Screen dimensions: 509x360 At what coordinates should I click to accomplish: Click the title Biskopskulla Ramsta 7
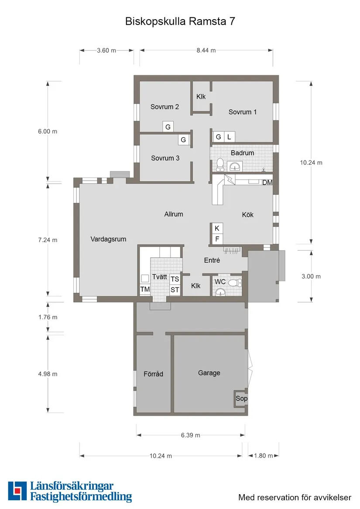coord(180,21)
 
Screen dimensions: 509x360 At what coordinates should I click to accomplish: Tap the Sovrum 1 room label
coord(243,112)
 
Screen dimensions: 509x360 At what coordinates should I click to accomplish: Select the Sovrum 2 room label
coord(165,107)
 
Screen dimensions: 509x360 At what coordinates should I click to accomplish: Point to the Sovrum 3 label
coord(165,158)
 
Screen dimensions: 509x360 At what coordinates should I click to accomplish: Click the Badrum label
coord(242,153)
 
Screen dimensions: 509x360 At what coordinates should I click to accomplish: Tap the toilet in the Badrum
coord(220,164)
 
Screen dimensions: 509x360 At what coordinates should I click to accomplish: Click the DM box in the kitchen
coord(267,183)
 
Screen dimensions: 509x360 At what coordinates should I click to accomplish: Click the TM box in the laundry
coord(145,290)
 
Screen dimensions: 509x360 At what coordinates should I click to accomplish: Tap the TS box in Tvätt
coord(175,279)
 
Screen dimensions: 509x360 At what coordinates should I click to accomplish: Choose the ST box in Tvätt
coord(175,290)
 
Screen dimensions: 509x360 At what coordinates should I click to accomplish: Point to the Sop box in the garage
coord(241,399)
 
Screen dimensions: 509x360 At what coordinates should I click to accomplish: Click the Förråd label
coord(153,374)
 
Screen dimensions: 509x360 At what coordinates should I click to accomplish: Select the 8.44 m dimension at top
coord(206,50)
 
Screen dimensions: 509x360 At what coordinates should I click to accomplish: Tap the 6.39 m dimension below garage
coord(190,435)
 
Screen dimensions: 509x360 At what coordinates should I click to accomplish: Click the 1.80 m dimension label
coord(264,456)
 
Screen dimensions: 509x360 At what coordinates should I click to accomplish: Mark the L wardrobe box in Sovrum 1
coord(229,137)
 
